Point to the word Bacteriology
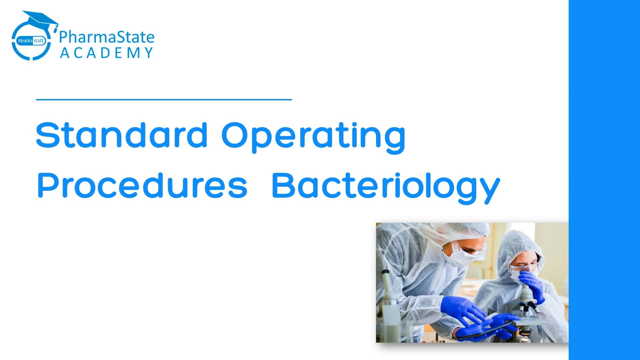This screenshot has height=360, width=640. [386, 188]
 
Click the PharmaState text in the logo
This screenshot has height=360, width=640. [107, 37]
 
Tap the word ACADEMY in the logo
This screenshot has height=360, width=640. [106, 53]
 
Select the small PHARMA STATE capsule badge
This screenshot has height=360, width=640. [31, 41]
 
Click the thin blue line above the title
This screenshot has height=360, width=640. [164, 99]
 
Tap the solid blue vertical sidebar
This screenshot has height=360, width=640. [604, 180]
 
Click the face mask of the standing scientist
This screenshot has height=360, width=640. [455, 257]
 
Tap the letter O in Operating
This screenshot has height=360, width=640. [235, 135]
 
